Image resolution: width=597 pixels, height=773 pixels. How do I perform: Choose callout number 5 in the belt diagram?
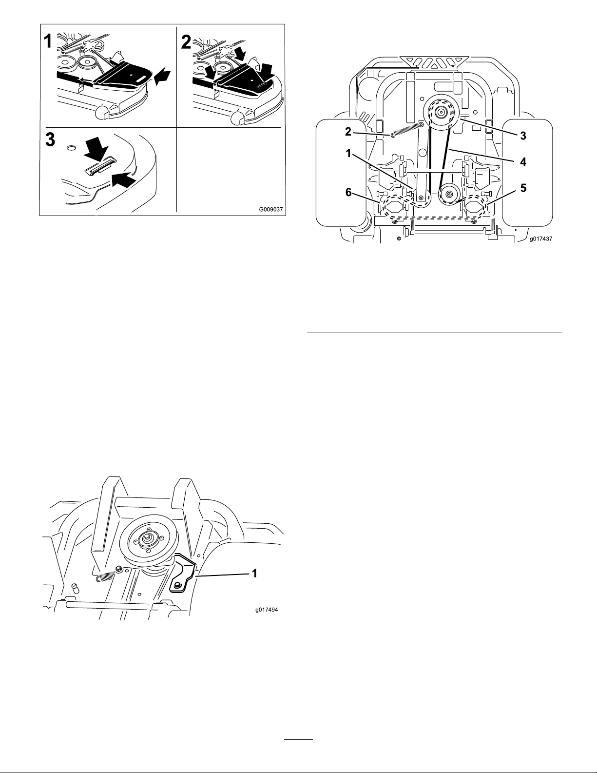(522, 188)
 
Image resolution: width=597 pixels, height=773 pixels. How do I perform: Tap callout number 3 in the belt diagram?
(522, 136)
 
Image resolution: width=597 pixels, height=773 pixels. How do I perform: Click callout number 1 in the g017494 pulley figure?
(254, 574)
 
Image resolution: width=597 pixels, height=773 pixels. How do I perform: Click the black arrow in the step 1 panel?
(163, 75)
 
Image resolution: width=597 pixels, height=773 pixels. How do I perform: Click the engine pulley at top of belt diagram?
(441, 113)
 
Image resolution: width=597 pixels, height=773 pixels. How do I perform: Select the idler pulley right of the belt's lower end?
(449, 195)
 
